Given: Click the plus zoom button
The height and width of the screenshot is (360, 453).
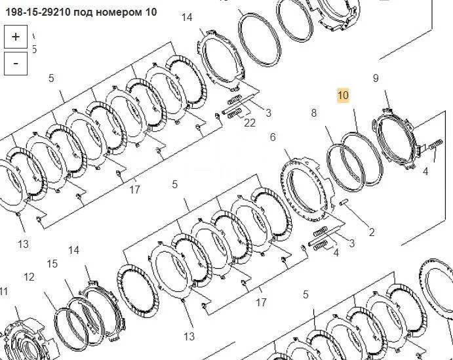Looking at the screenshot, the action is point(16,37).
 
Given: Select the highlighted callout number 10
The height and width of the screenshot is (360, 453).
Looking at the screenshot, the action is point(344,95).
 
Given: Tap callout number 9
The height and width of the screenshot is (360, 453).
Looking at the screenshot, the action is point(376,78).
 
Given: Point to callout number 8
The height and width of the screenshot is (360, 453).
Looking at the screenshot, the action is point(314,113).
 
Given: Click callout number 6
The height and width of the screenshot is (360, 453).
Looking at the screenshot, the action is point(273,137).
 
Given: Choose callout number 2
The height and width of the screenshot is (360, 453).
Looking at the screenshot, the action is point(372,232).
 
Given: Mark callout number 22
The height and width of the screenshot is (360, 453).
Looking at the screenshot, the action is point(250,123).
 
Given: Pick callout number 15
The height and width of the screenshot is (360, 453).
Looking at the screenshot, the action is point(52,264).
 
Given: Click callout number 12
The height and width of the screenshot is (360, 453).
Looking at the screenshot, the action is point(29,277).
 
